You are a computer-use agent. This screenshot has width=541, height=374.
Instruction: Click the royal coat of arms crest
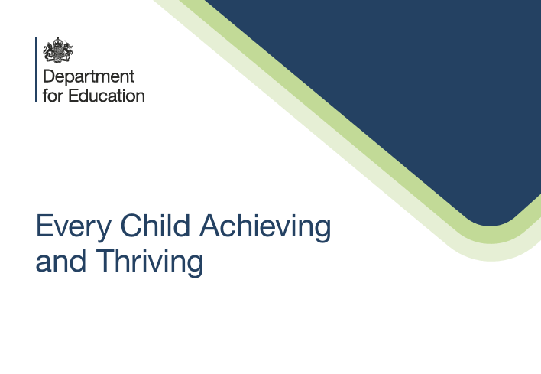click(58, 51)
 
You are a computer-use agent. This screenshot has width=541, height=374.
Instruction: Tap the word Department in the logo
click(89, 77)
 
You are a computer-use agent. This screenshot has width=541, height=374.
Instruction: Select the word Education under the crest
click(105, 96)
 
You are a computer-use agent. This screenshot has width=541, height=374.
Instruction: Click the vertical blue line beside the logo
click(36, 69)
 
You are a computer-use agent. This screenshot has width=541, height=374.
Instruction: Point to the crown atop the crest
click(58, 41)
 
